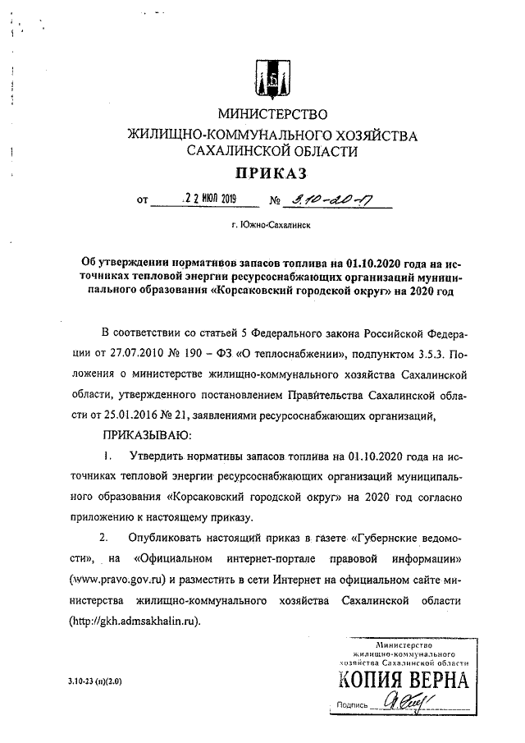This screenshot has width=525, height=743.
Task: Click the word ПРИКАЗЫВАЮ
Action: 147,433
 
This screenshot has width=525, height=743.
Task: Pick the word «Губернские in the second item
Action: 384,538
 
